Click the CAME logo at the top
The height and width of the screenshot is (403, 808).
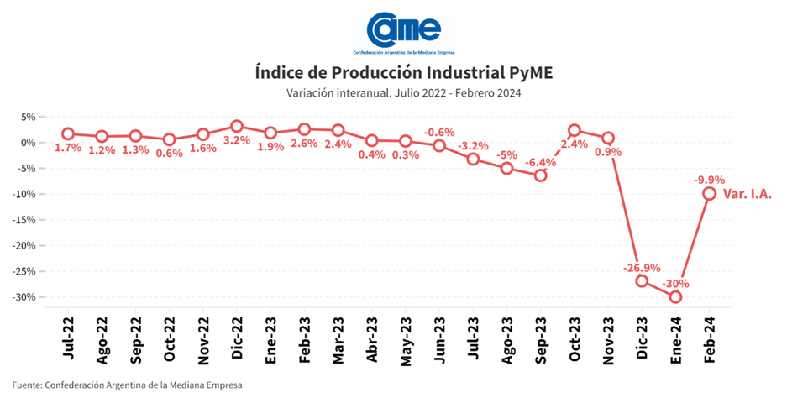(403, 30)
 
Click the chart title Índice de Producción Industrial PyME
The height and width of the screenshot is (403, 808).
(403, 72)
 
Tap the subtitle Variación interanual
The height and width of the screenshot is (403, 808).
(403, 93)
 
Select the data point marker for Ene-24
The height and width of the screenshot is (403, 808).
(675, 296)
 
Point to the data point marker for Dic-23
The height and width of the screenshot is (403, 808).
(642, 280)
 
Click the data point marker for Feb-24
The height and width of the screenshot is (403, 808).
(709, 193)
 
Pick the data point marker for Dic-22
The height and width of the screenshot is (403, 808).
(237, 126)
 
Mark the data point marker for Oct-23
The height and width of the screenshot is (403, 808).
(575, 130)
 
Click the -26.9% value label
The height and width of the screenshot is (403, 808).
(641, 269)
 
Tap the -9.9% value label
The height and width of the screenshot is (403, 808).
(710, 179)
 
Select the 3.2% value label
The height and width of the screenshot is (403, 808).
(237, 141)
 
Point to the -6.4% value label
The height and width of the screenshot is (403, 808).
(539, 162)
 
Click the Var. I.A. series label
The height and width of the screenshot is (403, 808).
(748, 194)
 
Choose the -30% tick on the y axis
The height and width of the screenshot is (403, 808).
(26, 297)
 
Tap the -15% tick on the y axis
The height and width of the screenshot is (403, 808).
(26, 220)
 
